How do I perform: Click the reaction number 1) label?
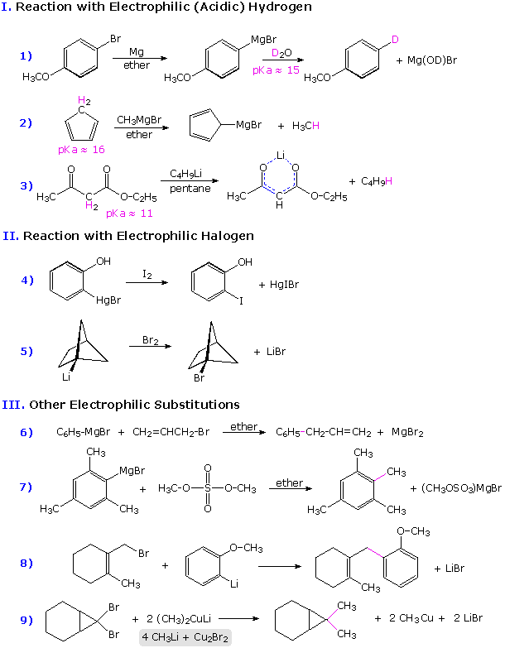[x=26, y=55]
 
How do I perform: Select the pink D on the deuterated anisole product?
[x=395, y=40]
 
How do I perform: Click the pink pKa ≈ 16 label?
[x=81, y=150]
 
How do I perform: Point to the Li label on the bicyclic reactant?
[x=65, y=377]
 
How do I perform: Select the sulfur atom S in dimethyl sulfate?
[x=207, y=489]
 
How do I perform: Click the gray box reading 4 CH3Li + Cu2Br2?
[x=185, y=637]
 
